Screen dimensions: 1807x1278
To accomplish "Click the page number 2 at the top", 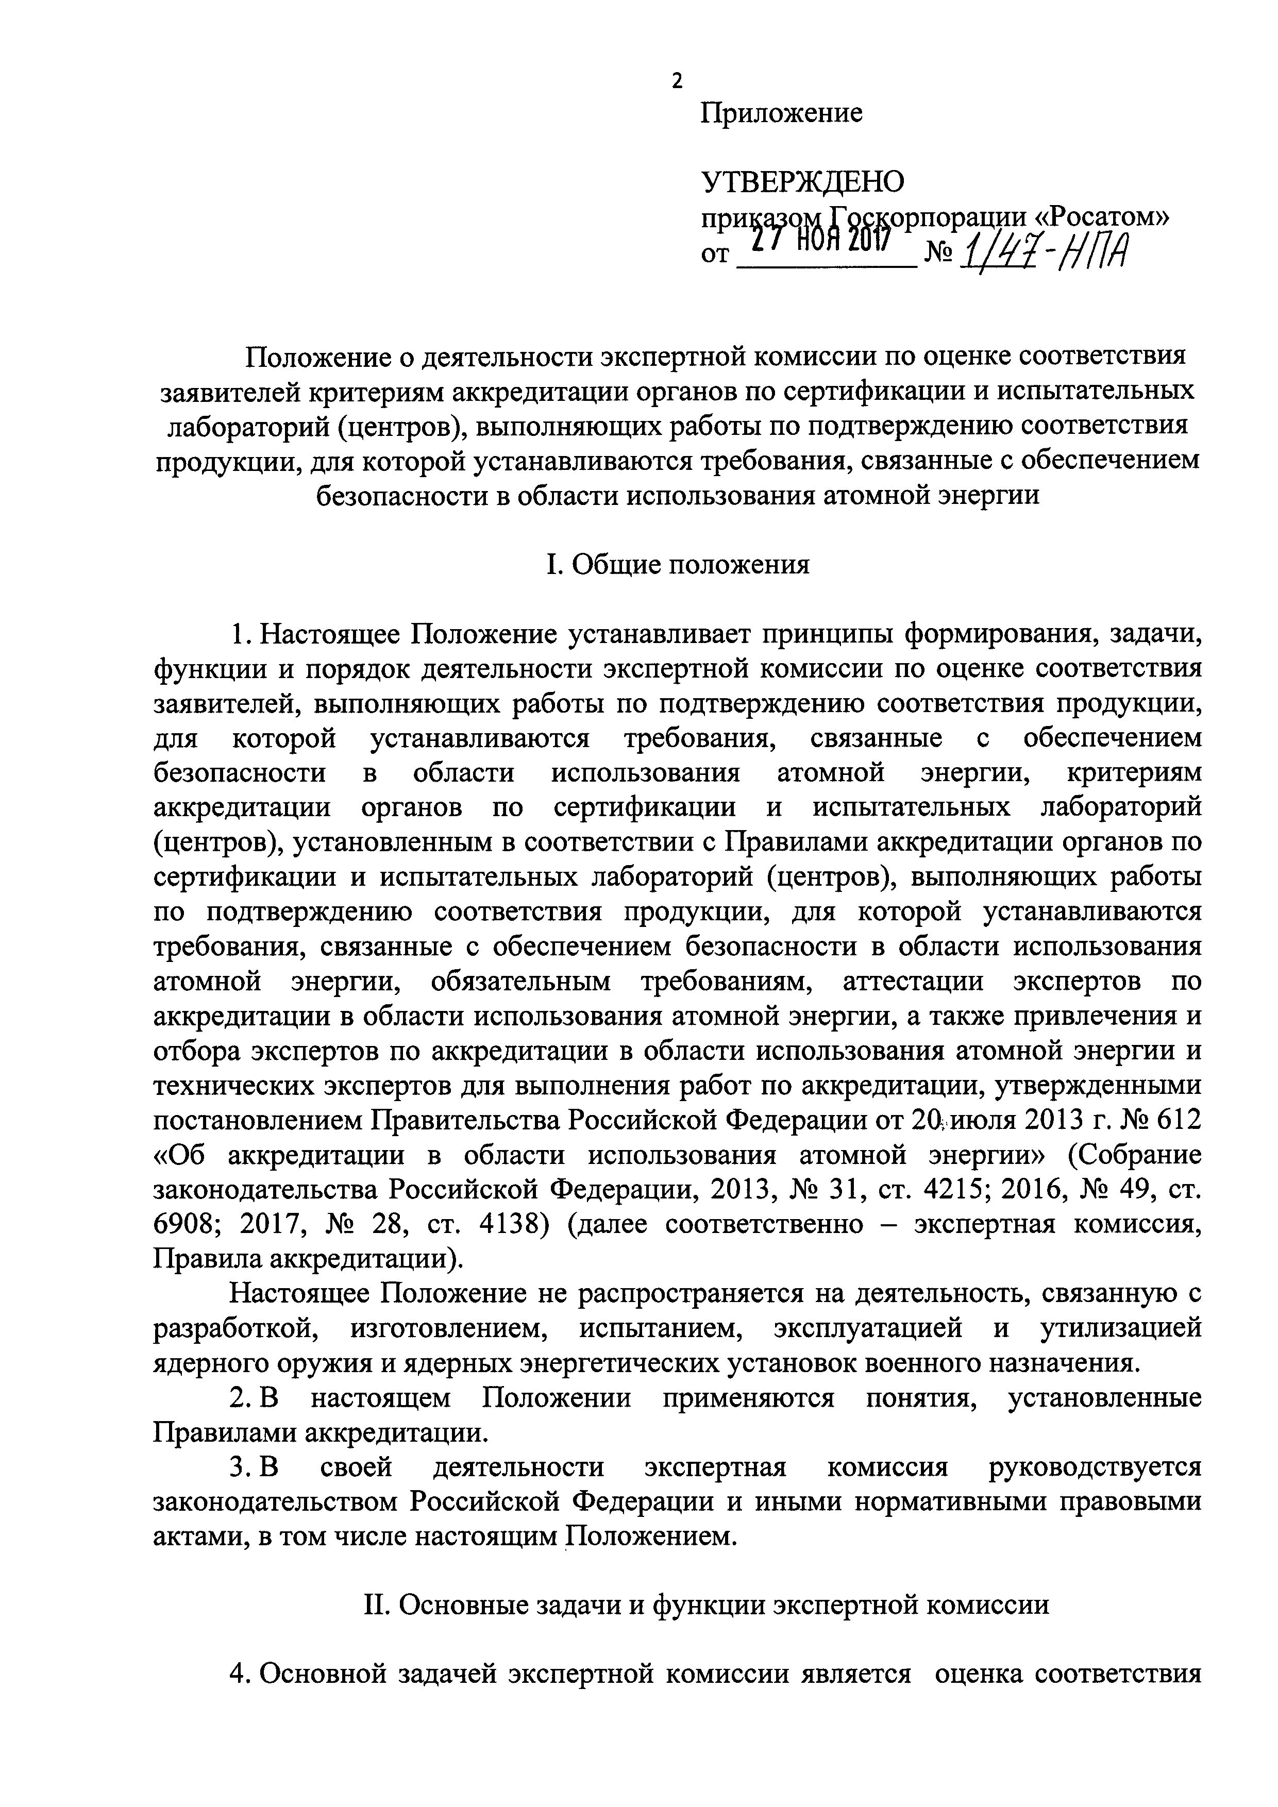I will point(677,81).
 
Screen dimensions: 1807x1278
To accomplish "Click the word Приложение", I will point(781,114).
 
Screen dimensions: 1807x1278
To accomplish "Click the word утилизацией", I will point(1121,1328).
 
